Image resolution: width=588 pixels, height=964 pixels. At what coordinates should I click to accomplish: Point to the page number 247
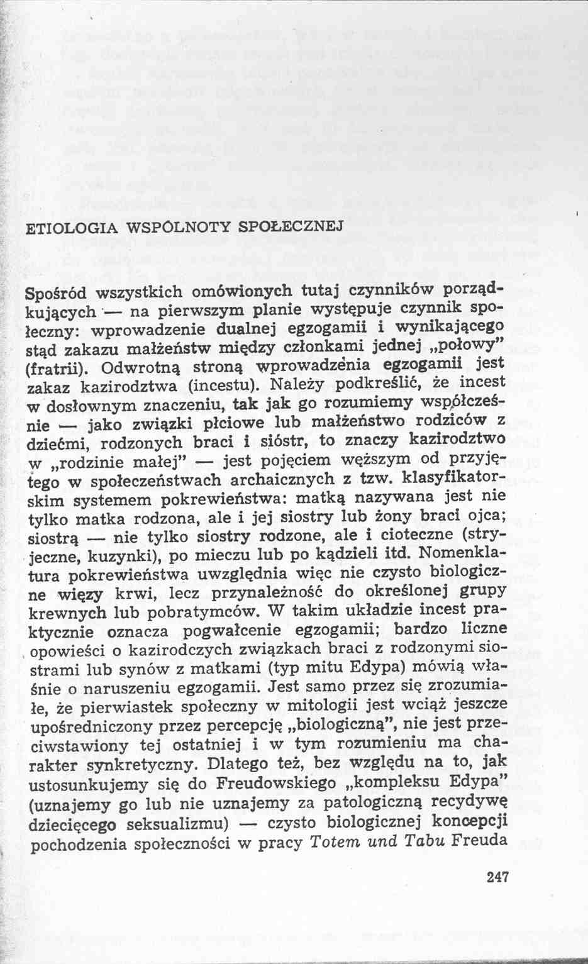click(x=497, y=877)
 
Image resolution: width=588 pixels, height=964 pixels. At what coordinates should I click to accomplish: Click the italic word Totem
click(x=330, y=843)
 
